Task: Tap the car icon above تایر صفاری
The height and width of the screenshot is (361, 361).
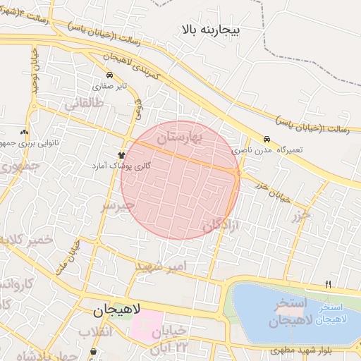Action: pyautogui.click(x=109, y=75)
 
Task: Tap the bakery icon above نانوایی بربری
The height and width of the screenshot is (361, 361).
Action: pyautogui.click(x=25, y=132)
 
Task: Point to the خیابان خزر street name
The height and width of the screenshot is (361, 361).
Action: pyautogui.click(x=273, y=188)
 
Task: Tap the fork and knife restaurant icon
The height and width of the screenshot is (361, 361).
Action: pyautogui.click(x=328, y=283)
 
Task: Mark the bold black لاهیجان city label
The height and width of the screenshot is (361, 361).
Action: pyautogui.click(x=118, y=310)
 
